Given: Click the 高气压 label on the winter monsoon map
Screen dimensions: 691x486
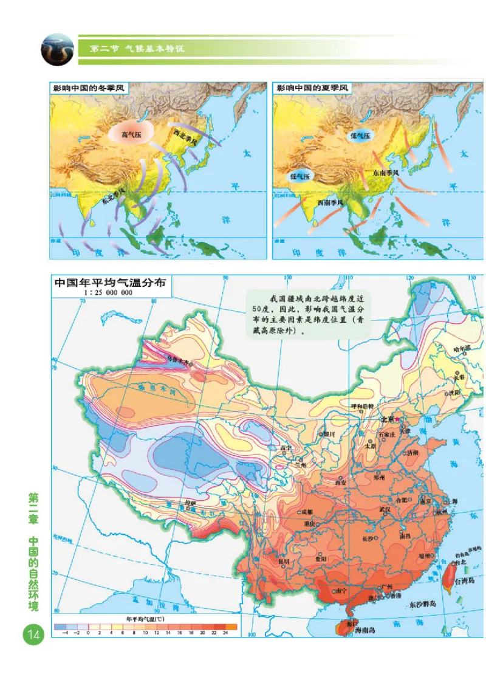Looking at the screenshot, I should click(131, 135).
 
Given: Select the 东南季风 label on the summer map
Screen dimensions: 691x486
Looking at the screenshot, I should click(386, 173).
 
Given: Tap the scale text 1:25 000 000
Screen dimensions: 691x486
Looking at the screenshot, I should click(108, 293).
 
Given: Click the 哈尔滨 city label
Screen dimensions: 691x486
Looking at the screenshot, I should click(463, 349).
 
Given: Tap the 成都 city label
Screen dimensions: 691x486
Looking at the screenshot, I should click(307, 512).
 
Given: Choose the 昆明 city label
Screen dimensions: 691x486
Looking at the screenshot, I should click(284, 561).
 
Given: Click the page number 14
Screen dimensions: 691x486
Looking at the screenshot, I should click(32, 635).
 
